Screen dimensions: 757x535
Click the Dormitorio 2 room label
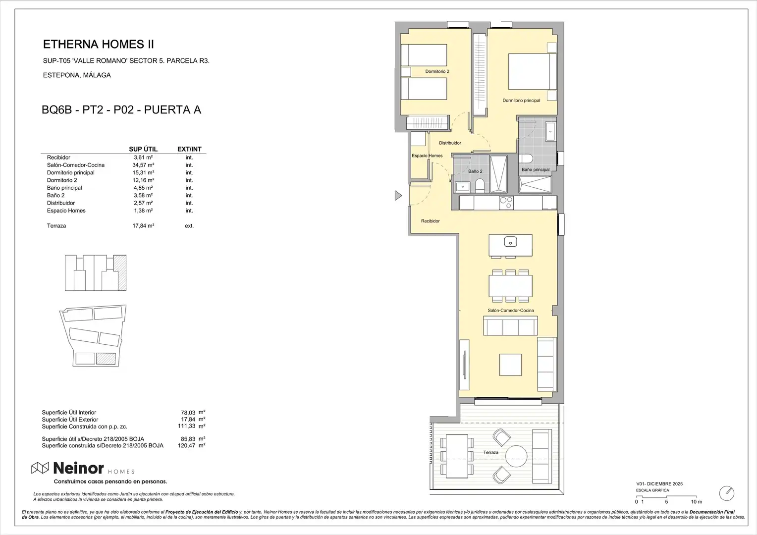(x=437, y=71)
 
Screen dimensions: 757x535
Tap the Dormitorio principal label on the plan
(x=521, y=101)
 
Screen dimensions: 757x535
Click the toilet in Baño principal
(x=526, y=159)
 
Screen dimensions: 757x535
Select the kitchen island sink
(x=510, y=242)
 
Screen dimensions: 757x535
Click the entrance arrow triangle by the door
(x=398, y=195)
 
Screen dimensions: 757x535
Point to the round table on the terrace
(x=516, y=456)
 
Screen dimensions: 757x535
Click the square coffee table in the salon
(x=510, y=365)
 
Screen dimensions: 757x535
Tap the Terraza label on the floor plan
(x=490, y=452)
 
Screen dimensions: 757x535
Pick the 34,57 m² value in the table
(x=143, y=165)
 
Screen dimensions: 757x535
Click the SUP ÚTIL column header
(x=143, y=149)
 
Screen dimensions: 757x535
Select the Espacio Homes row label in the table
(x=66, y=211)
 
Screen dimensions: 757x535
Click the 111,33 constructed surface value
(x=187, y=426)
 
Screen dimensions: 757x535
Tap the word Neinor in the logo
(x=78, y=468)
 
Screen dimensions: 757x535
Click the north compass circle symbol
(x=727, y=493)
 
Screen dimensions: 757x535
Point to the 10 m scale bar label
(x=697, y=502)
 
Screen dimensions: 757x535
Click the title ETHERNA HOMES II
(x=99, y=44)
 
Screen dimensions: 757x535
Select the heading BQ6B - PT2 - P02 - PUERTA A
(x=121, y=110)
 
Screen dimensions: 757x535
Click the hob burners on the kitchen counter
(x=506, y=203)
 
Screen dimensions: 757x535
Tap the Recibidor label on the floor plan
(x=430, y=221)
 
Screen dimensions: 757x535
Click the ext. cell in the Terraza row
(x=189, y=226)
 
